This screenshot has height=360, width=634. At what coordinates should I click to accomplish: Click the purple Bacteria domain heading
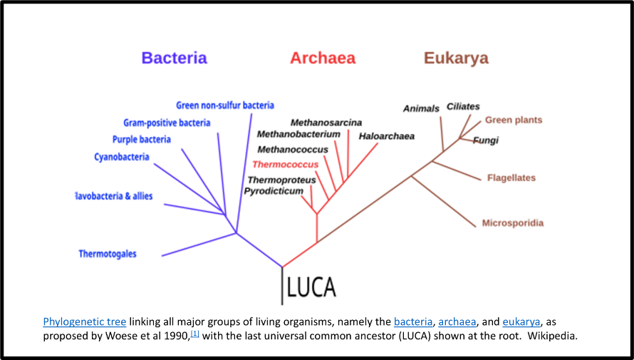coord(174,58)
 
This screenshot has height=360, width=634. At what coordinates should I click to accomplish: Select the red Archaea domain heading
coord(322,58)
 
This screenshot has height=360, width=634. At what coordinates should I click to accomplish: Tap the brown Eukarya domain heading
coord(456,58)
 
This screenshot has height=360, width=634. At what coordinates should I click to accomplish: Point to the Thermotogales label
coord(108,254)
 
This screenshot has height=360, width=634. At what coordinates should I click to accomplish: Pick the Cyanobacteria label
coord(122,157)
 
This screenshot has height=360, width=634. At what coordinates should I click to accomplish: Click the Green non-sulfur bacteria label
coord(225,106)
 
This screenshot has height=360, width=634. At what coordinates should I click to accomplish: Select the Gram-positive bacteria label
coord(167,123)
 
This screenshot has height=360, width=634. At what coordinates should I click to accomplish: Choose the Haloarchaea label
coord(386,136)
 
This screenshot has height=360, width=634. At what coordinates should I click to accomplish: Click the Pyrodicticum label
coord(274,191)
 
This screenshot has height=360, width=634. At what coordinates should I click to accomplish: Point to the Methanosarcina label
coord(326,123)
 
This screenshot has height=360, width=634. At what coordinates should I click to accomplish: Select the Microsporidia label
coord(513,223)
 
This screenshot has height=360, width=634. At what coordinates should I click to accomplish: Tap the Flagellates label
coord(511,178)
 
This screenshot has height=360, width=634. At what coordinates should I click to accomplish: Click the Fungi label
coord(486,140)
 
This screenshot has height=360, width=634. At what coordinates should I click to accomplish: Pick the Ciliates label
coord(463,107)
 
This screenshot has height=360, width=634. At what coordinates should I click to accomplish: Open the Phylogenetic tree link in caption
coord(85,322)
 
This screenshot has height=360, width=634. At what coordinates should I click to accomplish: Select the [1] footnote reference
coord(194,333)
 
